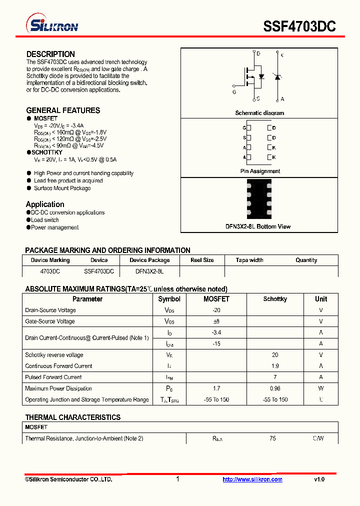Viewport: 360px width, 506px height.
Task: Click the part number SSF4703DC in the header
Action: [299, 26]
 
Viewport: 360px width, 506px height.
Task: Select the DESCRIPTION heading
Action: [50, 54]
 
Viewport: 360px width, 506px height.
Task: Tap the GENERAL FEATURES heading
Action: [63, 110]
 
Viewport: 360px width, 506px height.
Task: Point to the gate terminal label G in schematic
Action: [234, 92]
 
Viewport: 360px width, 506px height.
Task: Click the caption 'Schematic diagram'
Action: [259, 113]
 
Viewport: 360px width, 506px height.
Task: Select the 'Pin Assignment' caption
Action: [260, 171]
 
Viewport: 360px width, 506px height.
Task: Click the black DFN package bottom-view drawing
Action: [259, 198]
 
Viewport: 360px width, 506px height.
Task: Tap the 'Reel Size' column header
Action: [202, 260]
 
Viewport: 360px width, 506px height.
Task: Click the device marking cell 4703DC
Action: [50, 271]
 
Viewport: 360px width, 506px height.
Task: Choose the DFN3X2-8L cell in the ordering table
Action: [149, 271]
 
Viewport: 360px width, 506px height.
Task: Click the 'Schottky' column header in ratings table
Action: [275, 299]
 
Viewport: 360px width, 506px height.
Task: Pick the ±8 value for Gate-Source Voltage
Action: [216, 321]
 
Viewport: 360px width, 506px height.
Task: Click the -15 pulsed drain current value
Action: [216, 343]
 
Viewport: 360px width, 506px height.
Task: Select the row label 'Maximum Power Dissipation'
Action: [58, 388]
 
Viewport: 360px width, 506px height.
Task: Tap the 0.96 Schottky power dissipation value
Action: [275, 388]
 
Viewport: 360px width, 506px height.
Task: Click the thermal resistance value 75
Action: [272, 438]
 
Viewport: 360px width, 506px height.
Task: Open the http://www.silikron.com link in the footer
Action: [252, 479]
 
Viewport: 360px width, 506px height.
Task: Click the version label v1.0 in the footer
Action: [319, 479]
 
